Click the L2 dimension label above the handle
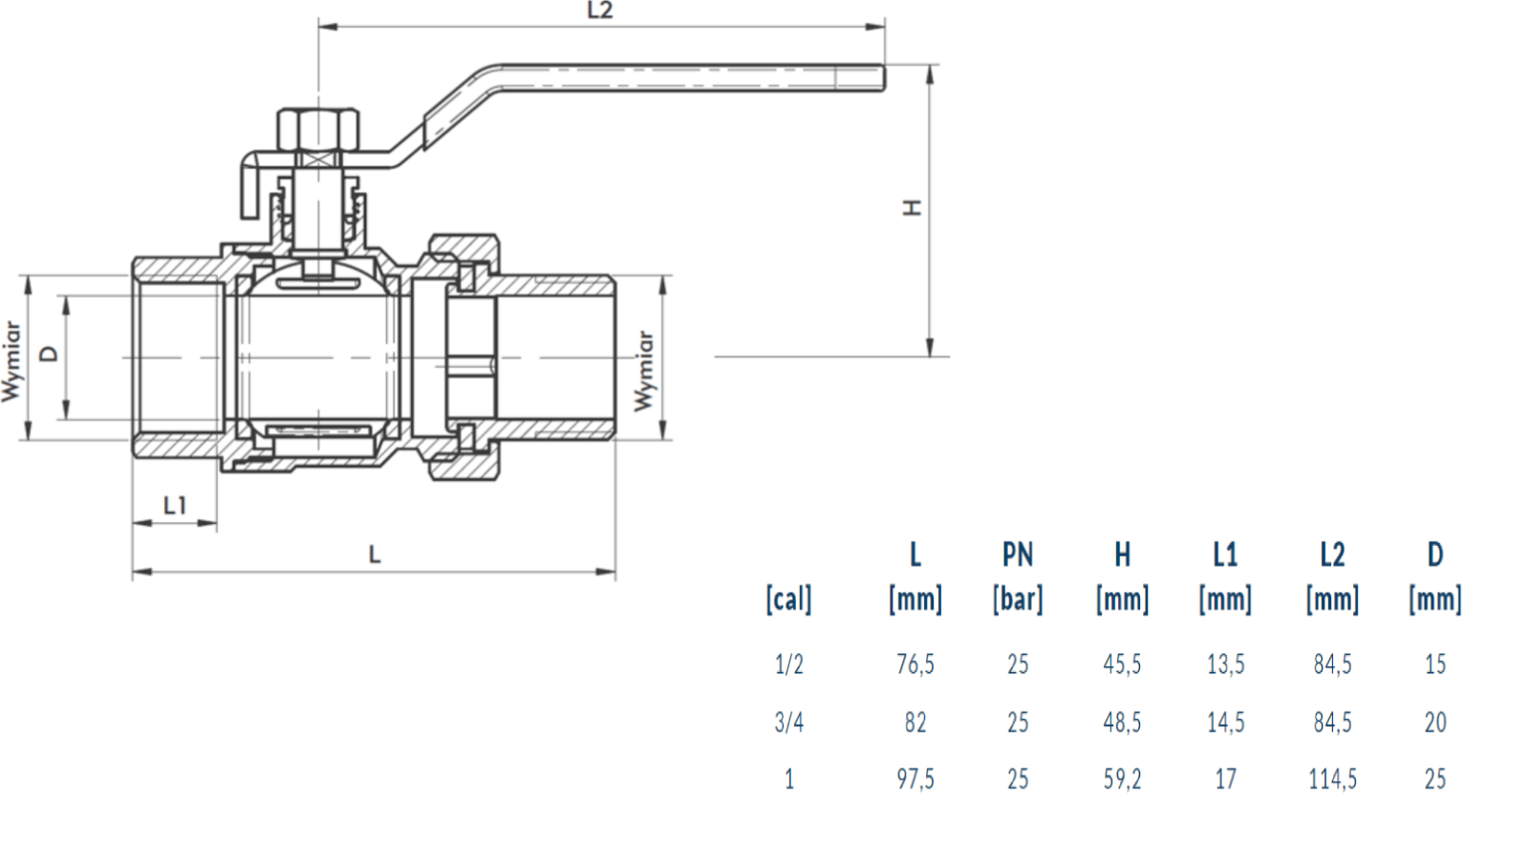point(599,11)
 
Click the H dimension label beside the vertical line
point(913,207)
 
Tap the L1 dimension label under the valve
point(174,505)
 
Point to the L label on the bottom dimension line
point(375,554)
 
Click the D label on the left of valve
point(48,353)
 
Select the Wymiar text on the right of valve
point(645,371)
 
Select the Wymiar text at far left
point(11,361)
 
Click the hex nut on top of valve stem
point(319,127)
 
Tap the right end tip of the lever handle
point(880,77)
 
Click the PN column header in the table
point(1018,554)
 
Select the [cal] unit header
point(788,599)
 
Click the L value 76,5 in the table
point(915,664)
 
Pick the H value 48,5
point(1122,722)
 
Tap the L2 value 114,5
point(1332,779)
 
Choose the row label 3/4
point(788,722)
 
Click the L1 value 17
point(1225,779)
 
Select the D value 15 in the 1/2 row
point(1434,664)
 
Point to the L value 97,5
point(915,779)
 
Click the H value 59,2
point(1122,779)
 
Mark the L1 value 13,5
point(1225,664)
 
